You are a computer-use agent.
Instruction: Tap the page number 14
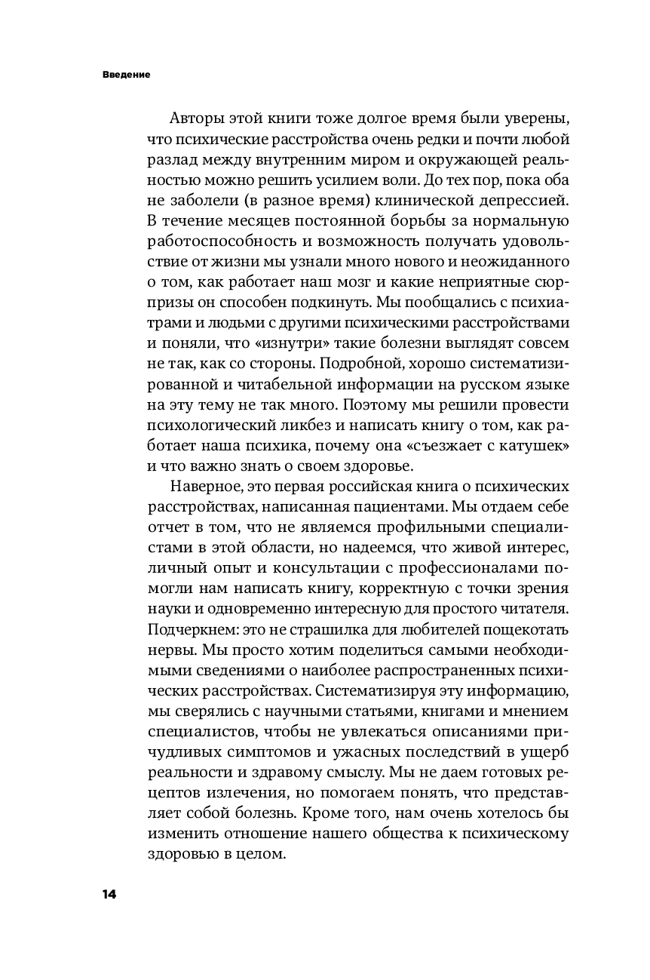pyautogui.click(x=109, y=893)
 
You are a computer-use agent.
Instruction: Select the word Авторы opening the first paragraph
pyautogui.click(x=195, y=119)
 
